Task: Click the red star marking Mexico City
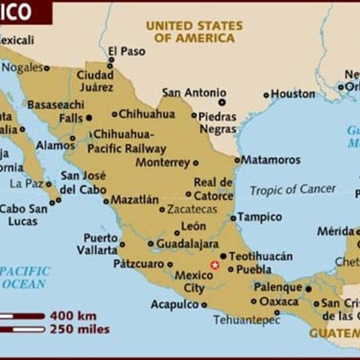(214, 265)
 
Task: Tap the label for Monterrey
(162, 163)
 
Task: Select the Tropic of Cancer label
(292, 189)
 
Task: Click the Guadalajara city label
(187, 243)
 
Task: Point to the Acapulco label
(175, 304)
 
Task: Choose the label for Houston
(293, 94)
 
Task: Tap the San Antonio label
(195, 92)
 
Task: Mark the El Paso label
(126, 51)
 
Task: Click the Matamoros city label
(271, 159)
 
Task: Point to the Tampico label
(260, 217)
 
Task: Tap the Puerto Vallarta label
(100, 244)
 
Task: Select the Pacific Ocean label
(24, 276)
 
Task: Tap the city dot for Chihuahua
(114, 114)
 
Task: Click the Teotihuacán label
(261, 256)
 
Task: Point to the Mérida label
(335, 231)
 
